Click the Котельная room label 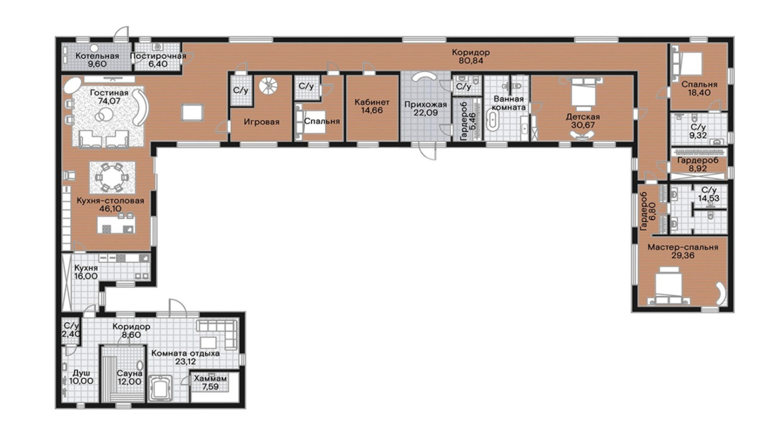click(x=97, y=56)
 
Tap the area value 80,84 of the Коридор click(x=471, y=61)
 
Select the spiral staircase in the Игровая click(x=269, y=85)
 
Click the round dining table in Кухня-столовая click(x=112, y=177)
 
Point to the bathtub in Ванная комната click(x=492, y=120)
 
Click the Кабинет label click(x=372, y=102)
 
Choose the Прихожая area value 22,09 click(x=426, y=112)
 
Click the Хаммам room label click(x=210, y=378)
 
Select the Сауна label click(x=129, y=373)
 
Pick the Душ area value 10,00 click(x=81, y=381)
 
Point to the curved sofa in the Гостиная click(x=141, y=107)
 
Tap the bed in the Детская click(x=582, y=93)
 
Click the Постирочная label click(x=158, y=56)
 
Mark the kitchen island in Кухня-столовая click(x=116, y=224)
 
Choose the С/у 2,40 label click(x=71, y=330)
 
